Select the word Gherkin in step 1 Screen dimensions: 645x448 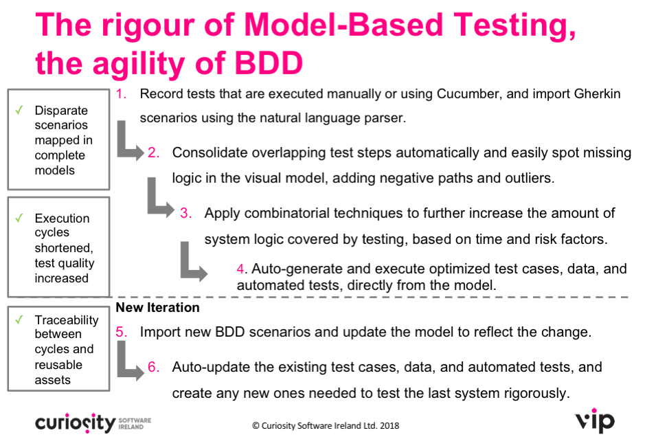(598, 94)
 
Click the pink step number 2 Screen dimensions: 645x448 (153, 153)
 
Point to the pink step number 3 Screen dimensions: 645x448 (185, 213)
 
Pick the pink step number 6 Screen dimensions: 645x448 (153, 367)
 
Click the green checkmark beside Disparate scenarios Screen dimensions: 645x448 (19, 110)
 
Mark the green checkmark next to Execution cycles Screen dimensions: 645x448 (19, 218)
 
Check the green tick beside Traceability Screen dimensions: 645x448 (19, 320)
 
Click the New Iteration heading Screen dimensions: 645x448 (157, 307)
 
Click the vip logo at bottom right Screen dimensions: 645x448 (595, 421)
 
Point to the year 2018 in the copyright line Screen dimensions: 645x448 (389, 426)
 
